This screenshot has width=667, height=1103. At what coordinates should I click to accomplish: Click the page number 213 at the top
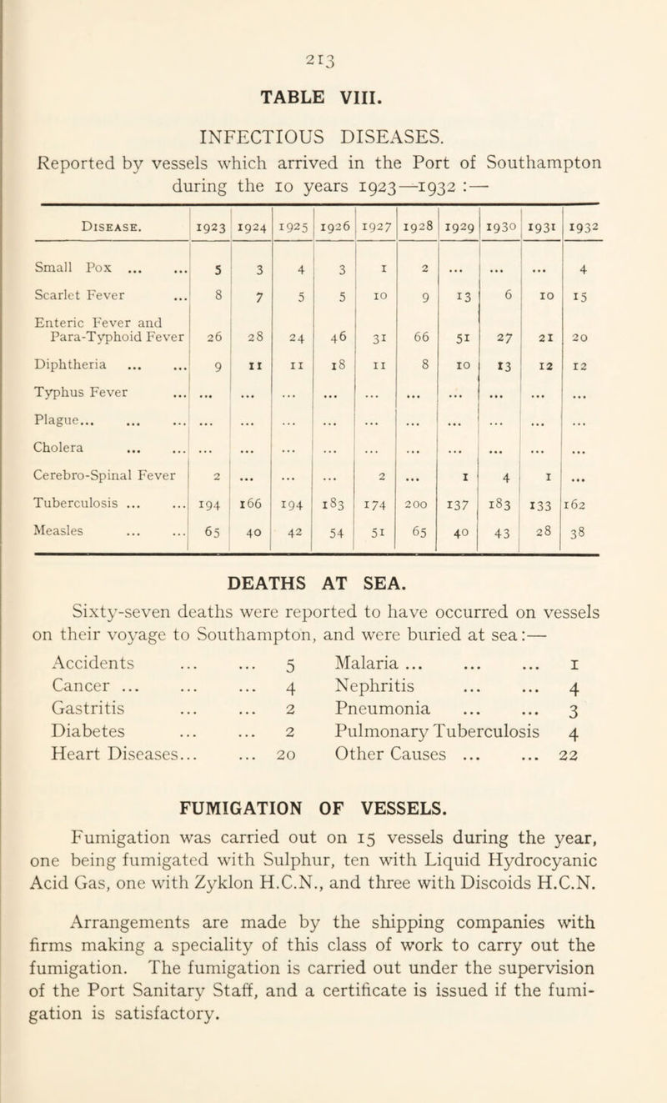pos(333,26)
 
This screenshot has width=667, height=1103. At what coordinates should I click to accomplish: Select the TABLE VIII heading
pos(333,67)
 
